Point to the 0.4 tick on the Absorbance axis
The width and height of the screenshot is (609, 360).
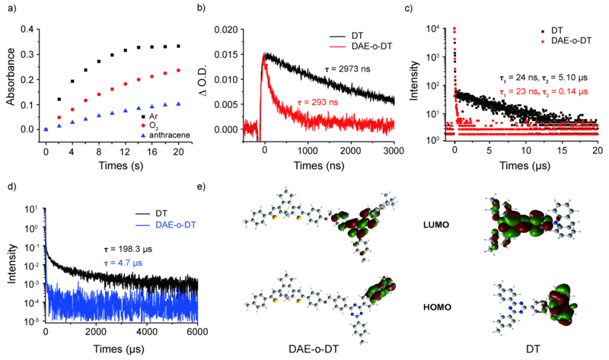coord(27,29)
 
